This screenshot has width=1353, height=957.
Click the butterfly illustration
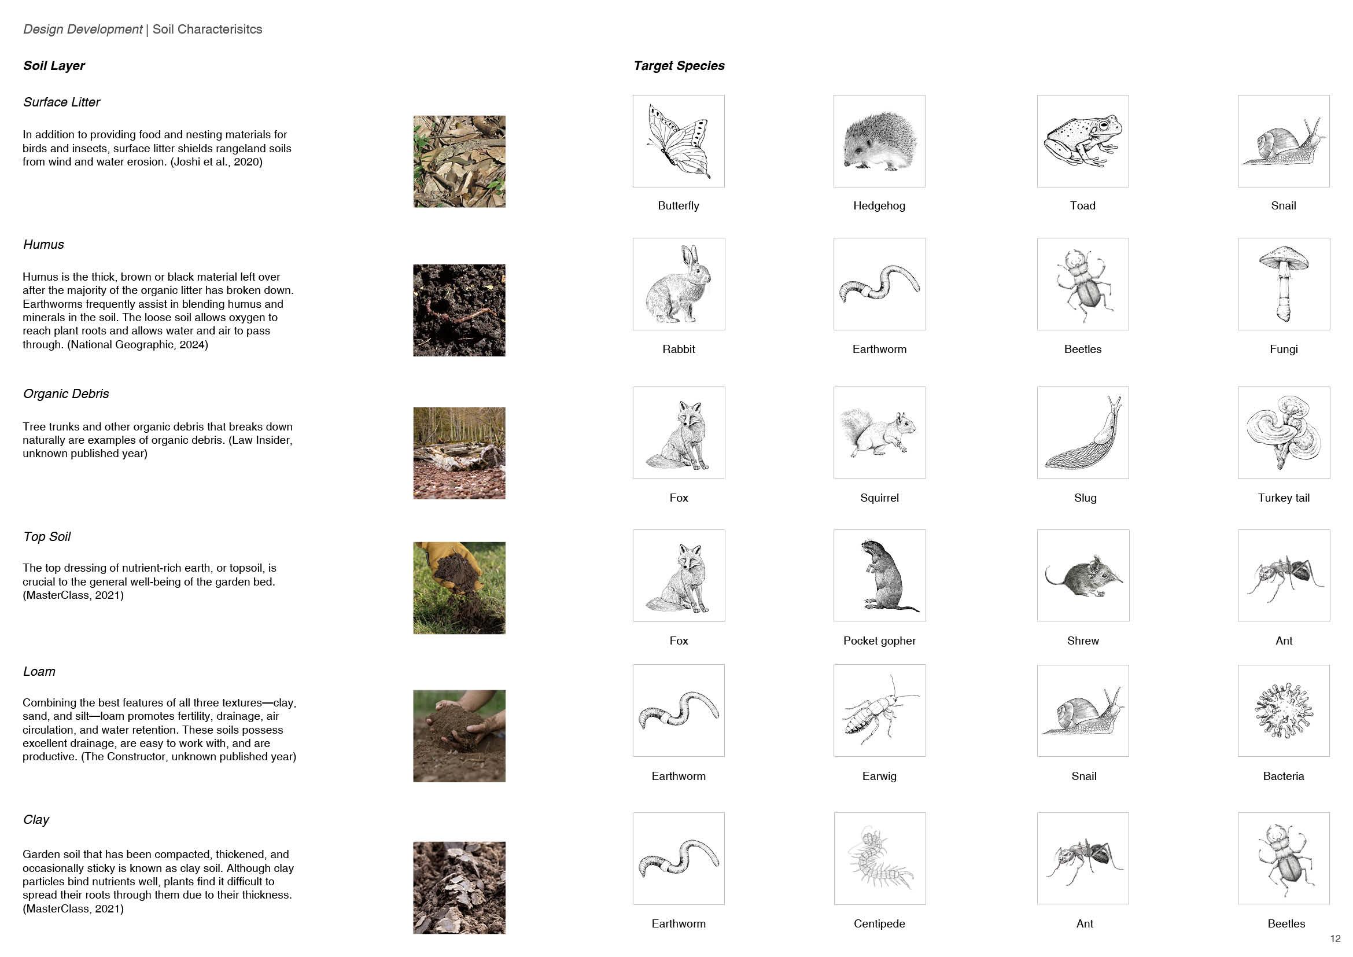coord(679,141)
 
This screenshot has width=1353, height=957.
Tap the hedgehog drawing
coord(879,141)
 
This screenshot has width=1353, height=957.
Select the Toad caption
coord(1082,205)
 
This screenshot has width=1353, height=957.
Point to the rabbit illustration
coord(679,284)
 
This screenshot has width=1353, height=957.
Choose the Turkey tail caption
coord(1284,498)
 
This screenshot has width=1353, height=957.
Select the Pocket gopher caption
coord(879,641)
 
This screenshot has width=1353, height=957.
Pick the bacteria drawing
coord(1284,711)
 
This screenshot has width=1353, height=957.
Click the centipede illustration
coord(879,858)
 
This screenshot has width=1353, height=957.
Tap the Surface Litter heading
coord(61,102)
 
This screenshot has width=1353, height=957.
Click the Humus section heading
coord(43,245)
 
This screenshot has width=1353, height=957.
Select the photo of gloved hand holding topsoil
coord(459,588)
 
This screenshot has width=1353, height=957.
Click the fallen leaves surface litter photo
coord(459,161)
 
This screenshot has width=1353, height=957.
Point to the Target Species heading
coord(679,66)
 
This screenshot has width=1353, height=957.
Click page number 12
coord(1335,938)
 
